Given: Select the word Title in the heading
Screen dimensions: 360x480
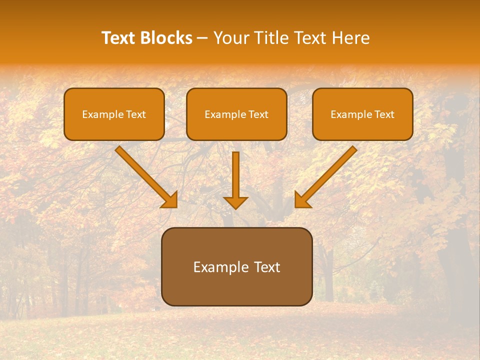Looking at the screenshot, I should [x=273, y=38].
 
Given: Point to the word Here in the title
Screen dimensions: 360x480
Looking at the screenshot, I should [x=352, y=38].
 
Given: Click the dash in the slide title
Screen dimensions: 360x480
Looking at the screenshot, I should [x=202, y=38].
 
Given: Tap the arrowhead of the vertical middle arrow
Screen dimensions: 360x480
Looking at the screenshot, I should [x=235, y=202].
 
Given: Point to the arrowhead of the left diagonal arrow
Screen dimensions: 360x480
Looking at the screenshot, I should [x=170, y=201].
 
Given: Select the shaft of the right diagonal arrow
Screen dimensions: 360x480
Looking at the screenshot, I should [x=332, y=170].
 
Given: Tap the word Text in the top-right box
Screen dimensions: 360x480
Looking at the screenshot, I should [x=384, y=114].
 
